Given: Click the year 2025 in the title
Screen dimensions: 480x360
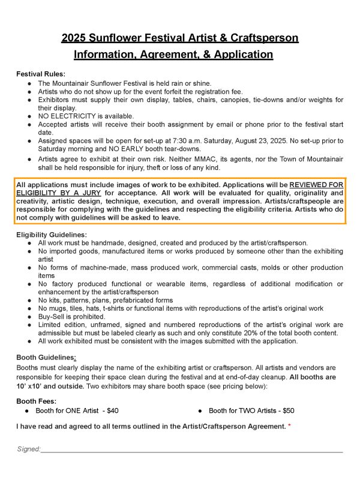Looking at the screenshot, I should (75, 39).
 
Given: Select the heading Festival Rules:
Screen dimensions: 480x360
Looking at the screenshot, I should (38, 74).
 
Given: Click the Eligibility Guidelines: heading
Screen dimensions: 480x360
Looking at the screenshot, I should (52, 235).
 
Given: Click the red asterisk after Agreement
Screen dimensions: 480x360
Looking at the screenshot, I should (290, 426).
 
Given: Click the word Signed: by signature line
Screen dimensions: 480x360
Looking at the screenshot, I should (28, 449).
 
